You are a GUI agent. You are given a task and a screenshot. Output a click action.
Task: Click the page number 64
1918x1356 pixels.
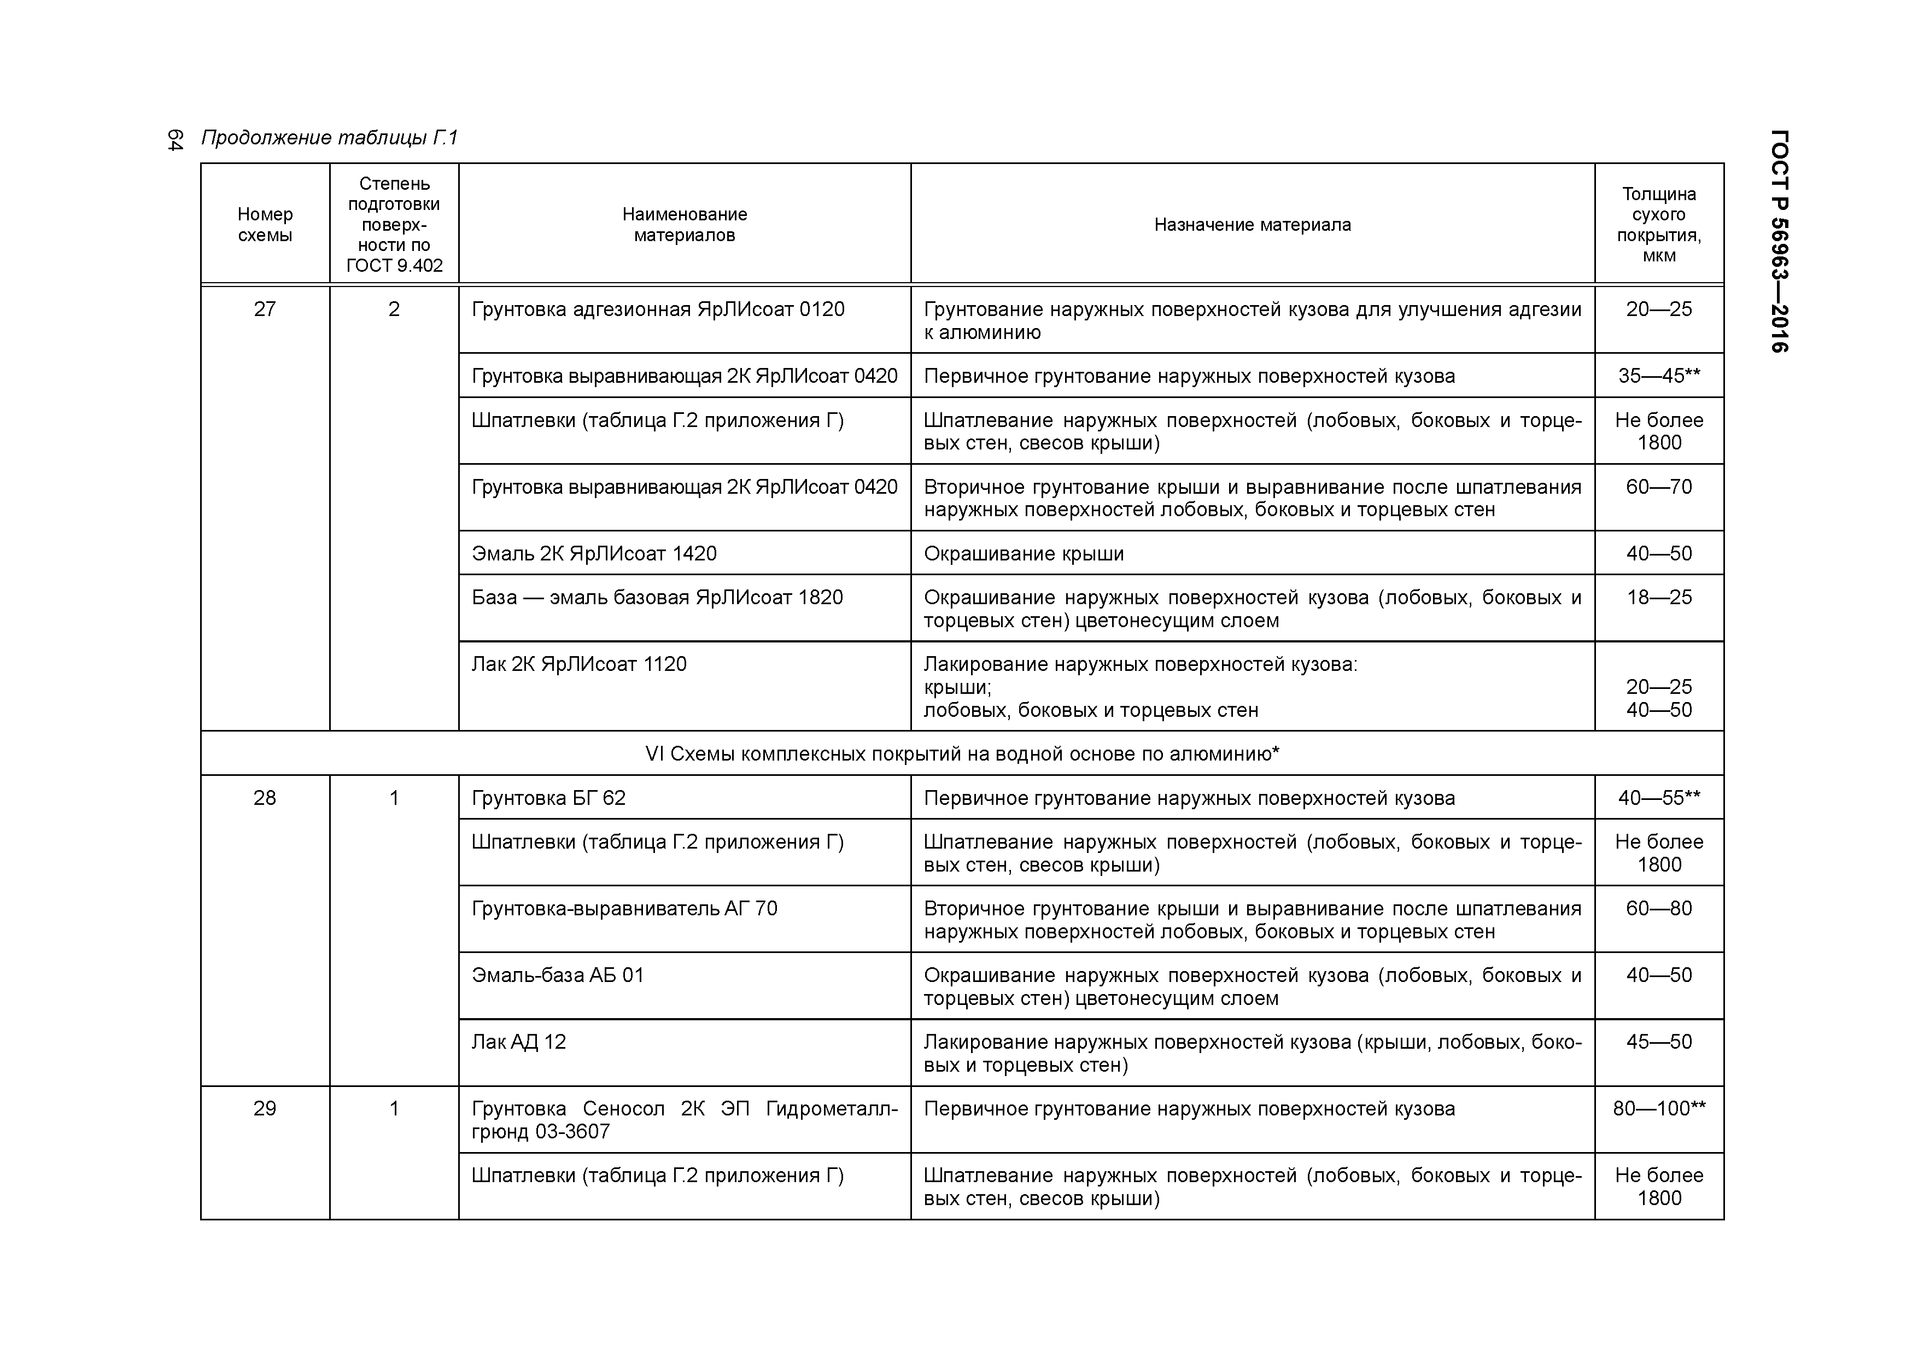(x=174, y=139)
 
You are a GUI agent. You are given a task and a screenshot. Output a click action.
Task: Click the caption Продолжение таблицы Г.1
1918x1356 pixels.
(x=330, y=138)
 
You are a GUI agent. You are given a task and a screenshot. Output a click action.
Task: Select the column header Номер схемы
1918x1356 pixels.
(x=265, y=225)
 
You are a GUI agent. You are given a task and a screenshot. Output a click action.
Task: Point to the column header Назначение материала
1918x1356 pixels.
(x=1252, y=225)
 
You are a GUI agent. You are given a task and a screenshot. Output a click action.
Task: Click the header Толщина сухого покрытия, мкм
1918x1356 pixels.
(x=1658, y=225)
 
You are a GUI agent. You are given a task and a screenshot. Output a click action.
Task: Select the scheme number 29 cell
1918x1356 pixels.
(x=265, y=1109)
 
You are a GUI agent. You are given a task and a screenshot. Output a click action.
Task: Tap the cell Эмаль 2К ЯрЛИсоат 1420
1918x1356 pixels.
(x=594, y=554)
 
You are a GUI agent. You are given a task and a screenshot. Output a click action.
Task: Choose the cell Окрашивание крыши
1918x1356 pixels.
(x=1024, y=554)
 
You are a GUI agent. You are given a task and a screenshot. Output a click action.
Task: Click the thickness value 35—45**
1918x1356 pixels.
(x=1658, y=376)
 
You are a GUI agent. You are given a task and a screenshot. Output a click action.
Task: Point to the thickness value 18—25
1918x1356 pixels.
(x=1658, y=598)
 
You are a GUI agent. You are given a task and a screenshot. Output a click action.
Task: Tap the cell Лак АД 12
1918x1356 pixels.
(x=519, y=1042)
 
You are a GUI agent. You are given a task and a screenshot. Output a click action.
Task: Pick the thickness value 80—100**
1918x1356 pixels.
(x=1658, y=1109)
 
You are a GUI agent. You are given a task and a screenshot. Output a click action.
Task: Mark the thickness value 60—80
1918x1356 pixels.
(x=1658, y=908)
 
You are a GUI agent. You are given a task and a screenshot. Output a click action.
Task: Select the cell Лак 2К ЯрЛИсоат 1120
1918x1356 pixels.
(x=579, y=664)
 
